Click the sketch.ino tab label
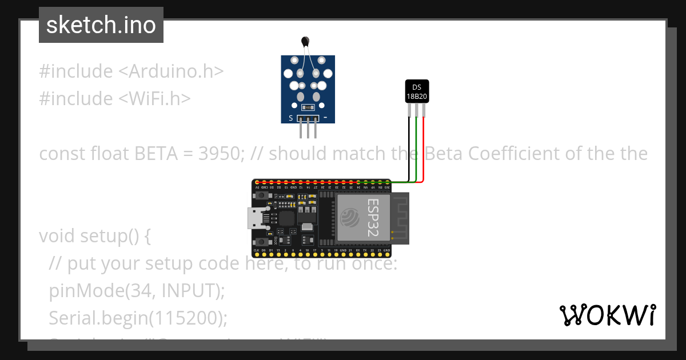pyautogui.click(x=101, y=25)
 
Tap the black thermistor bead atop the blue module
pyautogui.click(x=305, y=41)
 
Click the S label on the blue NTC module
pyautogui.click(x=291, y=118)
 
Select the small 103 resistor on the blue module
pyautogui.click(x=308, y=107)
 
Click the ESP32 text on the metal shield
pyautogui.click(x=373, y=218)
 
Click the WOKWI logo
pyautogui.click(x=607, y=315)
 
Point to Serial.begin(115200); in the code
pyautogui.click(x=138, y=317)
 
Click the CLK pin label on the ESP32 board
pyautogui.click(x=256, y=250)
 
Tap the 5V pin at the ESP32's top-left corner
pyautogui.click(x=257, y=187)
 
